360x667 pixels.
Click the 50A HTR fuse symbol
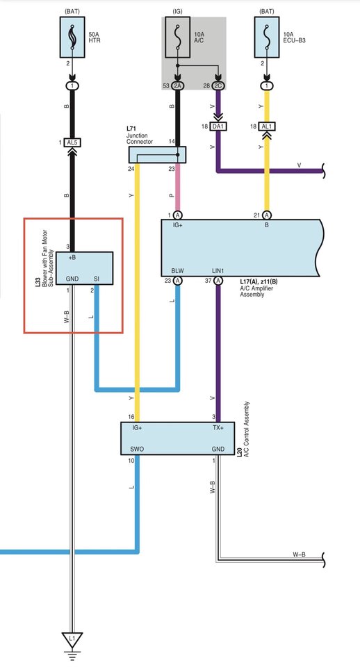click(72, 37)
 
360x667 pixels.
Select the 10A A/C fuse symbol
click(177, 37)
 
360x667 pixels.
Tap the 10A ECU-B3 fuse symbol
click(267, 37)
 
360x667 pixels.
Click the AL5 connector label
click(72, 142)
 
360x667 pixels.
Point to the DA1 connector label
click(218, 126)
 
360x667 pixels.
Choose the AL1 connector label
click(267, 126)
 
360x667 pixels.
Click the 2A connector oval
click(178, 86)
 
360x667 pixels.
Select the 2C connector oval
click(219, 86)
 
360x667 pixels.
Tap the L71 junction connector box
click(158, 155)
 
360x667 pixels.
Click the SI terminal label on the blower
click(96, 279)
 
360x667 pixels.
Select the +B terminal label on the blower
click(72, 257)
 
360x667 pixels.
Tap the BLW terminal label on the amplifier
click(177, 270)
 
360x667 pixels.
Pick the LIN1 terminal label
click(218, 270)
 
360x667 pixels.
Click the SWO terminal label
click(138, 450)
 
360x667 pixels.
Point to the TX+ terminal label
click(218, 428)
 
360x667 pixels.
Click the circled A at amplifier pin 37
click(218, 281)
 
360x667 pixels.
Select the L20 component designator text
click(240, 452)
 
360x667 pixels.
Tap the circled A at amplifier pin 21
click(267, 215)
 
